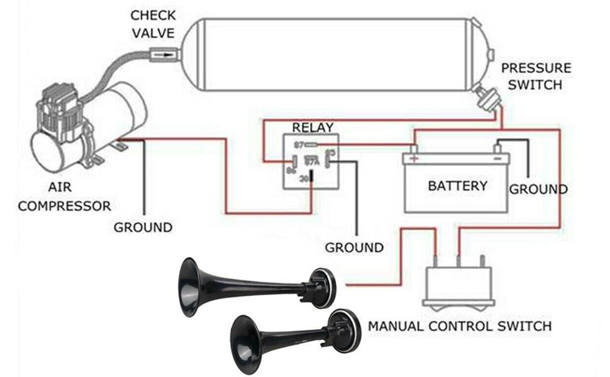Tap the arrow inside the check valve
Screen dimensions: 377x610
[x=165, y=55]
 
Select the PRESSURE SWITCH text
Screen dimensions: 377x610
[x=536, y=76]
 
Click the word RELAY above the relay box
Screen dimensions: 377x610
[x=313, y=128]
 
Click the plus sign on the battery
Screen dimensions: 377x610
[x=414, y=158]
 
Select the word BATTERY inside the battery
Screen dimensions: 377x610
[x=457, y=186]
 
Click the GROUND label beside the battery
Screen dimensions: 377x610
[x=538, y=189]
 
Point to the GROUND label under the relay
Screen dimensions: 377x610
[x=354, y=248]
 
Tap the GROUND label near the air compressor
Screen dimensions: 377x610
[x=143, y=227]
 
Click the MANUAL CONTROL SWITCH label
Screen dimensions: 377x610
[x=460, y=326]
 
